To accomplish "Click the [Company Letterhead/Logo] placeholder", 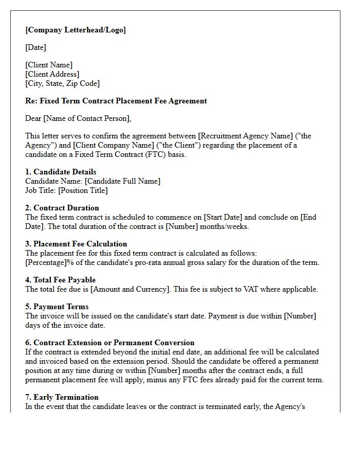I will point(76,30).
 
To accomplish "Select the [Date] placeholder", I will point(35,47).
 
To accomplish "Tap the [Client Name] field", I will point(49,65).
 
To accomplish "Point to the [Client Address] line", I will point(52,74).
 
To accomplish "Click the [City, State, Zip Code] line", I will point(62,83).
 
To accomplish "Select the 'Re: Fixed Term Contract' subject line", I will point(116,101).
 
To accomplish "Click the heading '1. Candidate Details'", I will point(61,172).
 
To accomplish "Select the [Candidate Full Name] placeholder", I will point(122,181).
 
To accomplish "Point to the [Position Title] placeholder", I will point(83,190).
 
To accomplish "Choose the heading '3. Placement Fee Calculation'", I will point(76,244).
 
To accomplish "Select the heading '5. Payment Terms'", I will point(57,307).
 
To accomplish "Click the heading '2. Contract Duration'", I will point(62,208).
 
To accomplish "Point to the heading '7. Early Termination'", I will point(62,397).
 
